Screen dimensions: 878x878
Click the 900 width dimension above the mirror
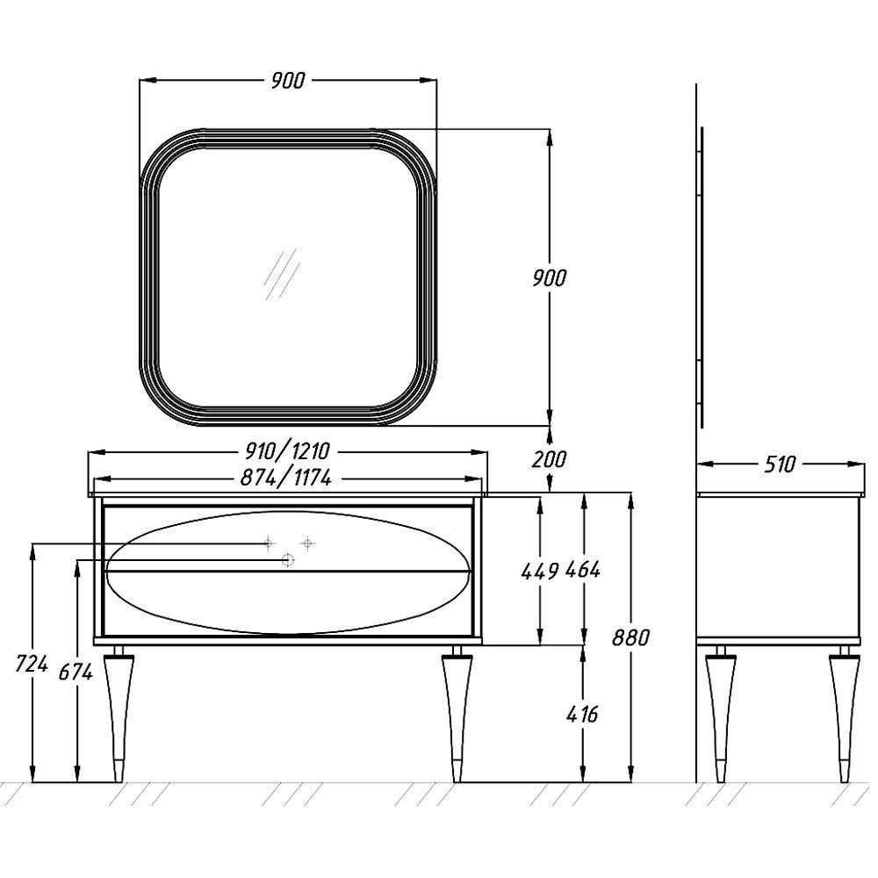click(x=288, y=81)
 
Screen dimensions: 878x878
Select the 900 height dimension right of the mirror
click(x=550, y=277)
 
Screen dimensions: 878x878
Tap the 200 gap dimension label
click(x=550, y=460)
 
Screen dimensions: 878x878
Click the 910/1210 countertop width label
click(x=288, y=450)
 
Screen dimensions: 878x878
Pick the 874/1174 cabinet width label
click(x=285, y=478)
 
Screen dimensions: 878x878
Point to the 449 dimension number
click(x=540, y=572)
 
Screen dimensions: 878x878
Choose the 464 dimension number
click(x=583, y=571)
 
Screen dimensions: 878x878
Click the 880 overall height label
click(x=630, y=637)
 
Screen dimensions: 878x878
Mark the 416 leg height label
click(x=582, y=714)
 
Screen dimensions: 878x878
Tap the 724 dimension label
click(x=32, y=666)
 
